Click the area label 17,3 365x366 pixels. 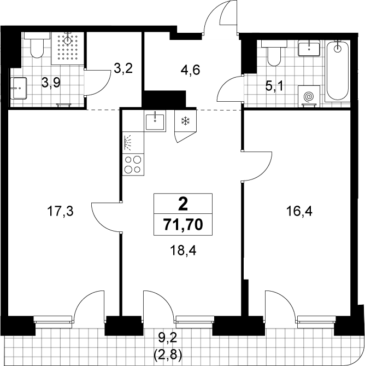pos(60,211)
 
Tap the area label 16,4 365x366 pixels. pos(299,212)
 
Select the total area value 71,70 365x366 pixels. pos(183,225)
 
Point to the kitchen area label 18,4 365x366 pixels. pos(183,251)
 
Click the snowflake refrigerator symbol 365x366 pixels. pos(186,121)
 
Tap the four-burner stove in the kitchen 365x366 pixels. pos(133,165)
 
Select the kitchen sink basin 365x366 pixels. pos(155,121)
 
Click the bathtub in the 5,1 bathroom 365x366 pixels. pos(338,71)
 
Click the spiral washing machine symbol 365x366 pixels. pos(309,96)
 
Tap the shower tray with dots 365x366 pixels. pos(67,48)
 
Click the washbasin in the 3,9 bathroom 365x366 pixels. pos(19,88)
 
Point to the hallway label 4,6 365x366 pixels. pos(191,70)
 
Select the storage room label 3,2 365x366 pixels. pos(123,68)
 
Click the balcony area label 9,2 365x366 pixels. pos(168,338)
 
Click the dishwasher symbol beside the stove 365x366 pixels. pos(133,143)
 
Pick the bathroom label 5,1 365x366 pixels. pos(274,86)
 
